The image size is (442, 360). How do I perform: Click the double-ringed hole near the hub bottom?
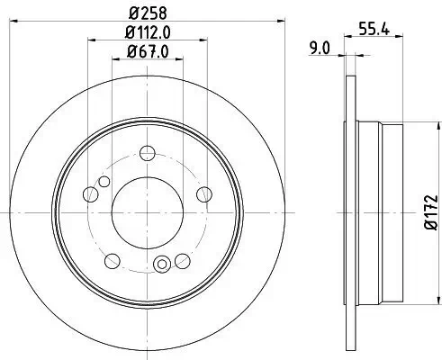(163, 264)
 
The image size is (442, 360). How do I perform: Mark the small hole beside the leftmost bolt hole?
(104, 183)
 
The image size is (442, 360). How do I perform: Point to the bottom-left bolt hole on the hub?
(113, 261)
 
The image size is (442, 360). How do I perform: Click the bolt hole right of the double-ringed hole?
(182, 261)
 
